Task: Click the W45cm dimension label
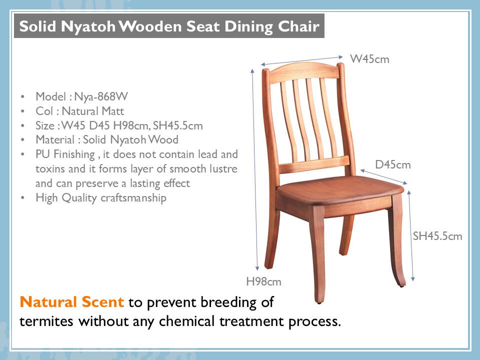tap(369, 59)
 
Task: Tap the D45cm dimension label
tap(393, 164)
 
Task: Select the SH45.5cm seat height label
tap(437, 236)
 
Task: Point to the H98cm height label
tap(263, 281)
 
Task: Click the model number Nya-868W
tap(101, 96)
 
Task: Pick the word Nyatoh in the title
tap(88, 26)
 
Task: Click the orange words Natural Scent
tap(71, 302)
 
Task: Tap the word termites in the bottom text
tap(46, 321)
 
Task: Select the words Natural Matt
tap(93, 111)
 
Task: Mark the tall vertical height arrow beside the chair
tap(254, 169)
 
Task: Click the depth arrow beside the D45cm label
tap(384, 177)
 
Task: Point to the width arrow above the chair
tap(302, 60)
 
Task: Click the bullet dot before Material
tap(22, 140)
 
